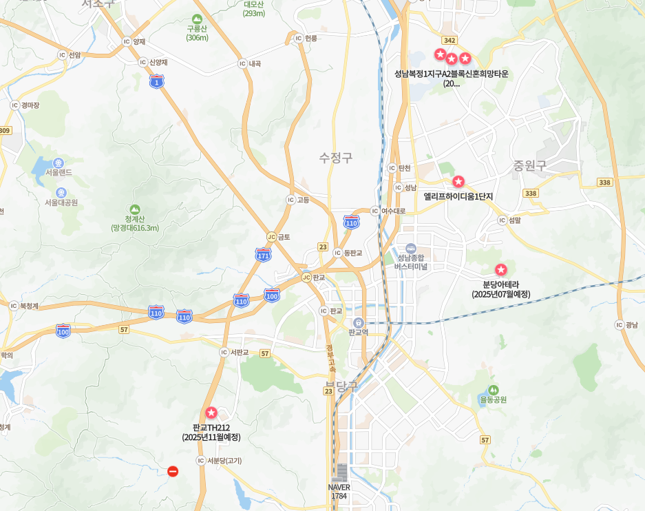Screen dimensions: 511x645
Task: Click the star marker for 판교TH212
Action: click(211, 413)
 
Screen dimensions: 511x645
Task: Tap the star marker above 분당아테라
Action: click(501, 269)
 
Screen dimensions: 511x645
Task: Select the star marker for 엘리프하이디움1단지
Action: click(458, 182)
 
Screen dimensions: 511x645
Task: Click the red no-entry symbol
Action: click(173, 471)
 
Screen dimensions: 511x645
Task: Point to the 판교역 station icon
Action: click(358, 322)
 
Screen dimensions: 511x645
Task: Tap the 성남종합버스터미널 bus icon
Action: click(411, 248)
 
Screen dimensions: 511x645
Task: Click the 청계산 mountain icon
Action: click(134, 209)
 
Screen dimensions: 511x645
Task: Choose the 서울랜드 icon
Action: click(59, 163)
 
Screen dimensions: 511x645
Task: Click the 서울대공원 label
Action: click(61, 203)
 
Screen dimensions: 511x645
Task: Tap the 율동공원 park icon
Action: click(493, 390)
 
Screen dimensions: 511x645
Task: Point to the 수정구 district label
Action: click(336, 158)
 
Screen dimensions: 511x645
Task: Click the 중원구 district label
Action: click(529, 166)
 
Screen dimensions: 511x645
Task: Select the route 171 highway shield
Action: click(263, 255)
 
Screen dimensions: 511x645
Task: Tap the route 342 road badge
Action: click(450, 41)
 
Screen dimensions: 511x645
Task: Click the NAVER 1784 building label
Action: click(339, 491)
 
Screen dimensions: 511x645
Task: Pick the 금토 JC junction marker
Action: click(271, 236)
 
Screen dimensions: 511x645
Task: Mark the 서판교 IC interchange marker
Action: click(223, 352)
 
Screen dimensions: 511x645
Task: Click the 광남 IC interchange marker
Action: click(619, 325)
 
